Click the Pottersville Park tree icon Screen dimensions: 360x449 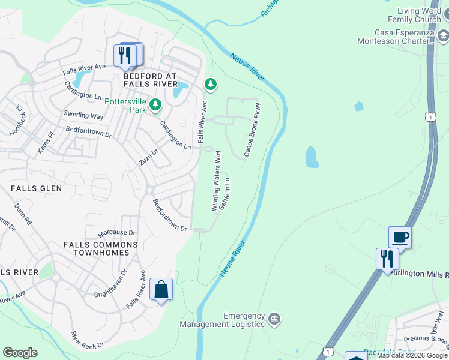(155, 106)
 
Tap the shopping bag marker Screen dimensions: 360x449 (161, 290)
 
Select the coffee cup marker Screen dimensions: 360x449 (400, 237)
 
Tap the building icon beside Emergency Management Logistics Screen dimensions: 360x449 (274, 318)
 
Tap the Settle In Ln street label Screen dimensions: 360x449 (225, 194)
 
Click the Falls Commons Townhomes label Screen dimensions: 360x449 (100, 248)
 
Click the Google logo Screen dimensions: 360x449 (20, 353)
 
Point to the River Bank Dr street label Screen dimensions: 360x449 (87, 340)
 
